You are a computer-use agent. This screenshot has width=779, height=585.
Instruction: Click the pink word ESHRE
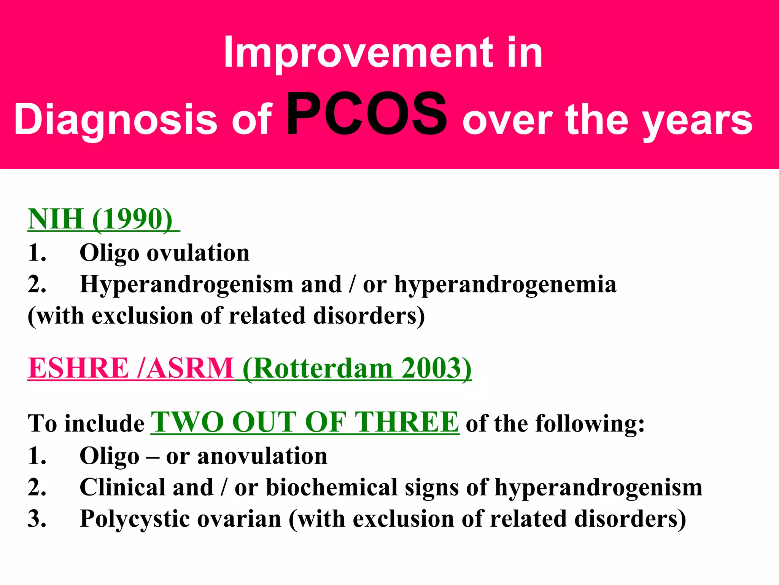pyautogui.click(x=78, y=368)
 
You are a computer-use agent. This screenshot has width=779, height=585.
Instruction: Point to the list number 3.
pyautogui.click(x=37, y=519)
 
